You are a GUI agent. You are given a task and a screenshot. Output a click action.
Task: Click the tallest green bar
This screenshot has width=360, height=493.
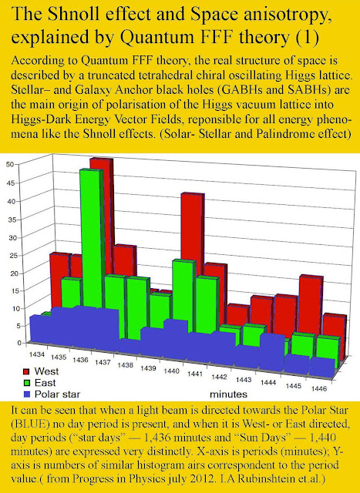click(92, 239)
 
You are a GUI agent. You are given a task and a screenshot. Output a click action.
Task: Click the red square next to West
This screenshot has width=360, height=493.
click(26, 371)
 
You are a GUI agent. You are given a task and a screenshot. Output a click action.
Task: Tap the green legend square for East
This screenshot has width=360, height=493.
click(26, 383)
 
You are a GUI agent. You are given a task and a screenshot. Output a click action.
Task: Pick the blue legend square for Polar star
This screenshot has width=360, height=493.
click(26, 394)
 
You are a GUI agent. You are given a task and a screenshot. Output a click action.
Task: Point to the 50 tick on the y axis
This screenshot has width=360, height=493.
click(9, 164)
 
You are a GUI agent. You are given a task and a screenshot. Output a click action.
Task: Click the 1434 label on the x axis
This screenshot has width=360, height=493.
click(37, 354)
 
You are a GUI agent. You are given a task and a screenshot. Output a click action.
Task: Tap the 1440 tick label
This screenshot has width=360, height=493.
click(171, 371)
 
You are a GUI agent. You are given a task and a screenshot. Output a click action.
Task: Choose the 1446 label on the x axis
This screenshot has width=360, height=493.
click(319, 388)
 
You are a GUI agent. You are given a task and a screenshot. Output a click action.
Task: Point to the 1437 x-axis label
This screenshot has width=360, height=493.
click(103, 363)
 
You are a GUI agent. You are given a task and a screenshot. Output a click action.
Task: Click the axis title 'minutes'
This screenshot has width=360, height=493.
click(228, 394)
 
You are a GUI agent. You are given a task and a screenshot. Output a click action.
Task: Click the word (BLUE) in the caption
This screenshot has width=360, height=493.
click(31, 424)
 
